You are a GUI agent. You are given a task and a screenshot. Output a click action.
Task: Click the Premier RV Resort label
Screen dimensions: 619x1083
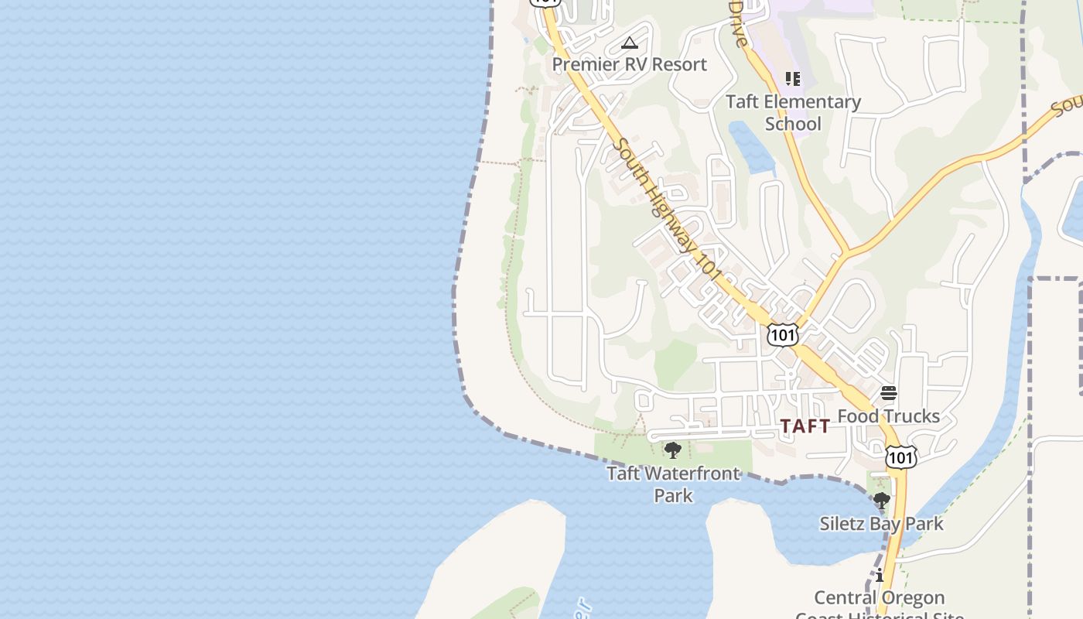click(x=629, y=64)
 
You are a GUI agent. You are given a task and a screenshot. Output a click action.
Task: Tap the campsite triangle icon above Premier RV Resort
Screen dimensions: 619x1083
click(x=630, y=43)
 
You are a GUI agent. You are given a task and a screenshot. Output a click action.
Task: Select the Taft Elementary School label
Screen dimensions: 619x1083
click(x=793, y=112)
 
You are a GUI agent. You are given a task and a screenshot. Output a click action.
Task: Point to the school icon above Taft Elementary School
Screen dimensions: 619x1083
click(x=793, y=78)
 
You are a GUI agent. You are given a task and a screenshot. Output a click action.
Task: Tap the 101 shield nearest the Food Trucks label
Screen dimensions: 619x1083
click(x=901, y=457)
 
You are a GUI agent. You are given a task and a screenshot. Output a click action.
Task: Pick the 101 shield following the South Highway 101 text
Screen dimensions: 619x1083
click(x=782, y=334)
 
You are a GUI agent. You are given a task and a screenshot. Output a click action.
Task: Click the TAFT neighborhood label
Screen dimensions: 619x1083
click(x=805, y=426)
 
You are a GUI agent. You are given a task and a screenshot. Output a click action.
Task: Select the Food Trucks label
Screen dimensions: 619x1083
click(x=888, y=416)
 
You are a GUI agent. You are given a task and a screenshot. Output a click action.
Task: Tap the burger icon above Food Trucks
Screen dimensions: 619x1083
click(x=889, y=393)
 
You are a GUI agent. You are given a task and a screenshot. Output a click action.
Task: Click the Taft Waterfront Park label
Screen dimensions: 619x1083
click(x=673, y=484)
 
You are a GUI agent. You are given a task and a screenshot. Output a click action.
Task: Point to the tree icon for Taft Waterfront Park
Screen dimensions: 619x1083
click(x=673, y=450)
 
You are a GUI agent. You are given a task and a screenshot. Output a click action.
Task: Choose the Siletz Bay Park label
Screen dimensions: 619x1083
click(x=881, y=524)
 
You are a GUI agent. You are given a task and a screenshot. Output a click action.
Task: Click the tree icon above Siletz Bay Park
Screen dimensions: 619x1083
click(x=880, y=501)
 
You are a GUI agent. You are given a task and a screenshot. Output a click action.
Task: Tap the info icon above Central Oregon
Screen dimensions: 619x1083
click(x=880, y=575)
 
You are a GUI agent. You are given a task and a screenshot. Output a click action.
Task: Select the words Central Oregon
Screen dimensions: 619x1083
click(x=880, y=598)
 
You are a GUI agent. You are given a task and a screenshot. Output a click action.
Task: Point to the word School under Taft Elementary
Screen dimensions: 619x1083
click(x=793, y=124)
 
